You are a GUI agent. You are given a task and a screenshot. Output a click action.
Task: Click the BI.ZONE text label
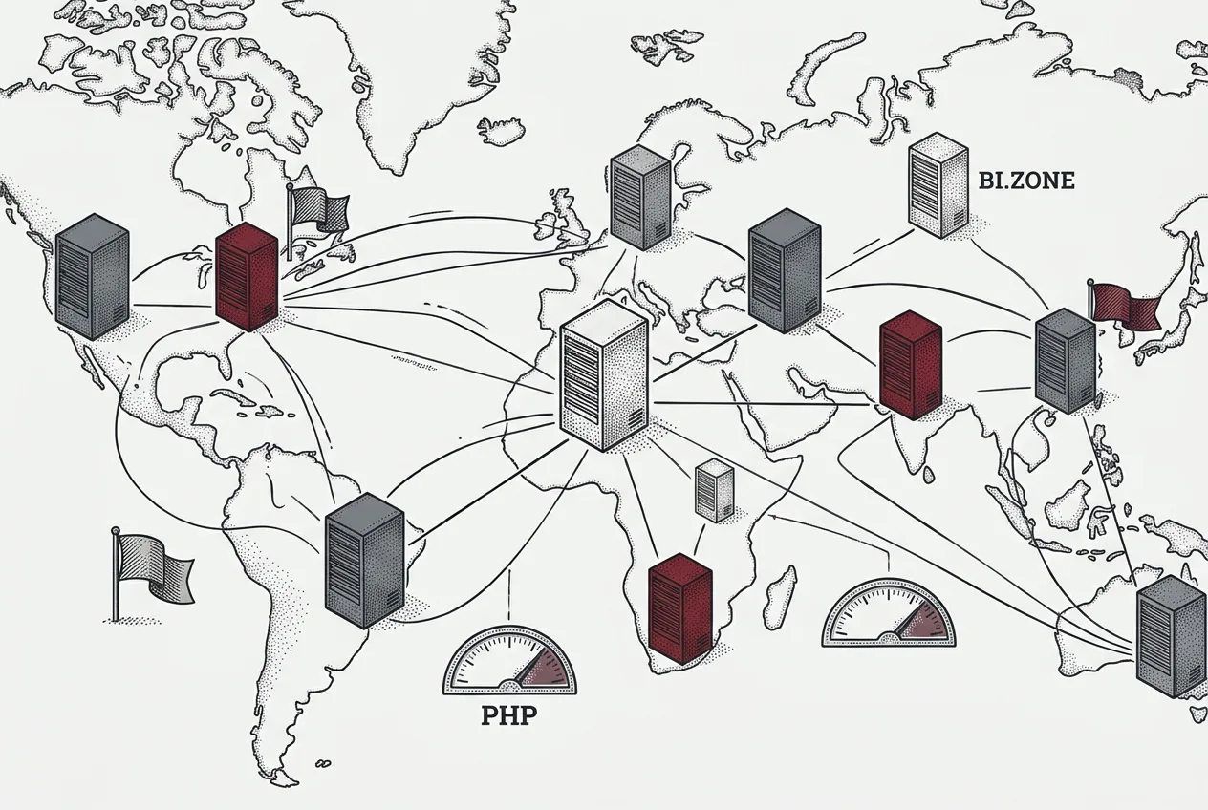click(x=1026, y=181)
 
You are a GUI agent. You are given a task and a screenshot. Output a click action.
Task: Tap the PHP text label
click(x=509, y=715)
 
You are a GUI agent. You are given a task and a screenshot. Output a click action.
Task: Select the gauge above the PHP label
click(x=509, y=661)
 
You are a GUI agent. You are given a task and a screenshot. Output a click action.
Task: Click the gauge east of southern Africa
click(x=888, y=613)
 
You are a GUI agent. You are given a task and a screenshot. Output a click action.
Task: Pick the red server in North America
click(x=247, y=276)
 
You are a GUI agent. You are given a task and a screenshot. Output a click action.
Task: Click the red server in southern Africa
click(x=680, y=608)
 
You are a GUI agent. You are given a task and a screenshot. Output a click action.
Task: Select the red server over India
click(x=911, y=365)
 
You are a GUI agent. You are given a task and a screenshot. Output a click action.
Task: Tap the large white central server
click(x=604, y=375)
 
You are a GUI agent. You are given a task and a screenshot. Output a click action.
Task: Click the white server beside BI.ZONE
click(x=938, y=185)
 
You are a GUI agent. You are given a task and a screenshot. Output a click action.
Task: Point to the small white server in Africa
click(x=715, y=490)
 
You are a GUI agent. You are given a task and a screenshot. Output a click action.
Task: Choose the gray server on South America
click(x=365, y=560)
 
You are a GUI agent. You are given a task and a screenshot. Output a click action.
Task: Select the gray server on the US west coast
click(x=92, y=276)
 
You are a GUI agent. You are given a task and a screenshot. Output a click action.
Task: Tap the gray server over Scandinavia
click(x=640, y=197)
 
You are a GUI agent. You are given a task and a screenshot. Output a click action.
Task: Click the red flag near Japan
click(x=1123, y=306)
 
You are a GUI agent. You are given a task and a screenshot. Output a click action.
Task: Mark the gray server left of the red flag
click(x=1065, y=360)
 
